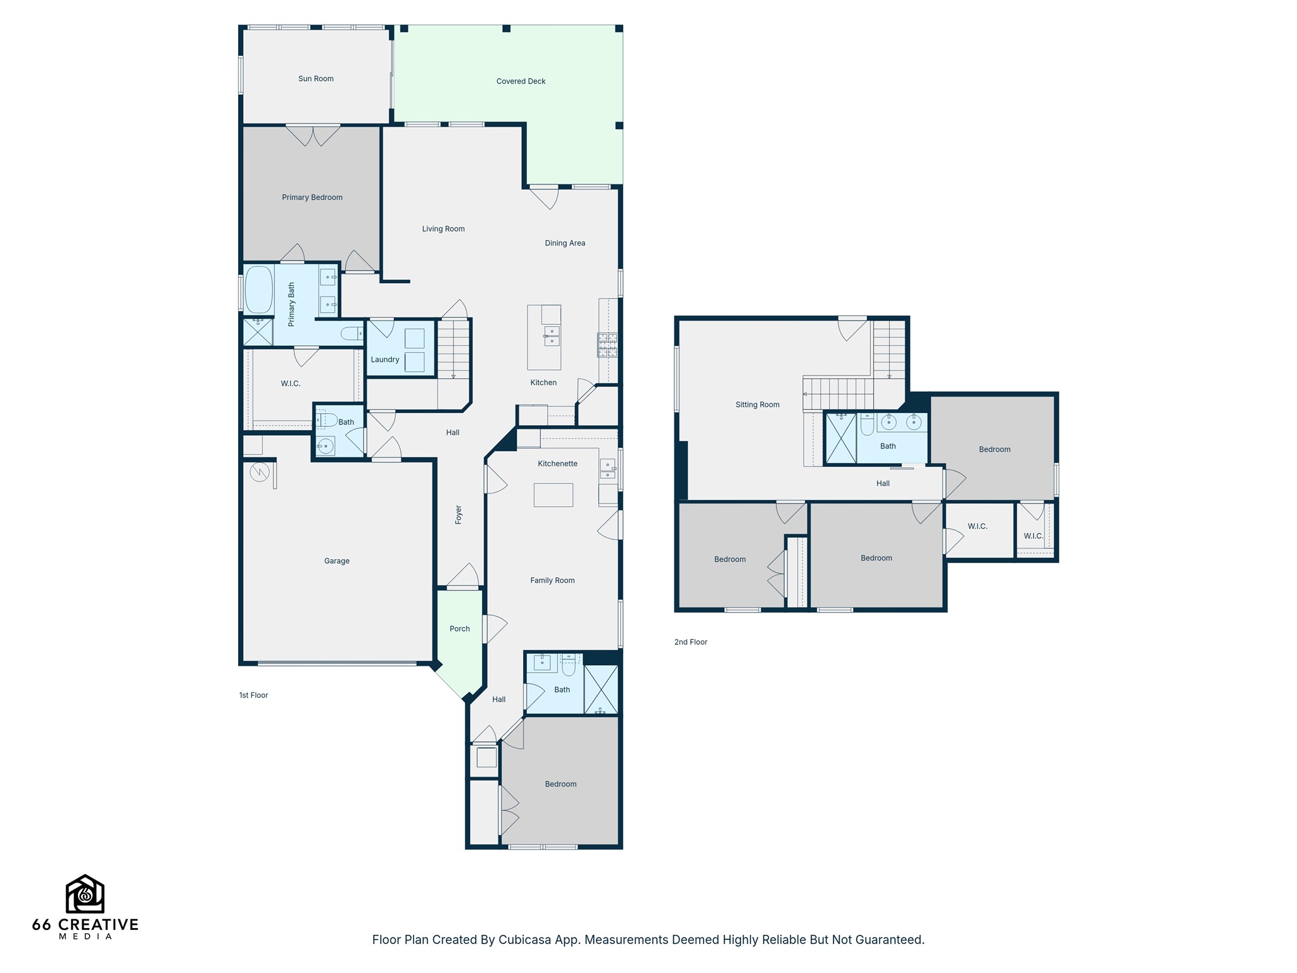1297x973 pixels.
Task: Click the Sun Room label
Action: pyautogui.click(x=316, y=79)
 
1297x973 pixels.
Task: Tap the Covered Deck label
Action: pyautogui.click(x=521, y=81)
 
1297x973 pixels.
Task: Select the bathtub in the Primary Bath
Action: pyautogui.click(x=258, y=290)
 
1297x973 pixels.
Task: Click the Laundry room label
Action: pyautogui.click(x=384, y=359)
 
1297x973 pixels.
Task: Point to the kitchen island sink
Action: pyautogui.click(x=552, y=336)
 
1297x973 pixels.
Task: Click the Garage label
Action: pyautogui.click(x=336, y=561)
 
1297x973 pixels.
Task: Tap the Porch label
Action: pyautogui.click(x=459, y=628)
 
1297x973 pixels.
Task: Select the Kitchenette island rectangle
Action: pyautogui.click(x=553, y=495)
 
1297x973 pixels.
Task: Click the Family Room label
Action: pyautogui.click(x=552, y=580)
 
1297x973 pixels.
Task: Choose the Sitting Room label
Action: pyautogui.click(x=757, y=404)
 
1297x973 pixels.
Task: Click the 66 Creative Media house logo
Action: pyautogui.click(x=85, y=894)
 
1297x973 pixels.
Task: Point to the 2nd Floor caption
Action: pyautogui.click(x=690, y=642)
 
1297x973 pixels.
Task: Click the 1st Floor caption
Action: pyautogui.click(x=253, y=695)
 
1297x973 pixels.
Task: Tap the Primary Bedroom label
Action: pyautogui.click(x=312, y=197)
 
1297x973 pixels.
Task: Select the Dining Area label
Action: pyautogui.click(x=564, y=243)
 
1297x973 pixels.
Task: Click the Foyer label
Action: pyautogui.click(x=459, y=514)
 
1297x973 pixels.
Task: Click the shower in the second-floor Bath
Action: pyautogui.click(x=840, y=438)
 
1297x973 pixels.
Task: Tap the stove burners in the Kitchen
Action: pyautogui.click(x=607, y=345)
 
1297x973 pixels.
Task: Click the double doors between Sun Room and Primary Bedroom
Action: pyautogui.click(x=313, y=135)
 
